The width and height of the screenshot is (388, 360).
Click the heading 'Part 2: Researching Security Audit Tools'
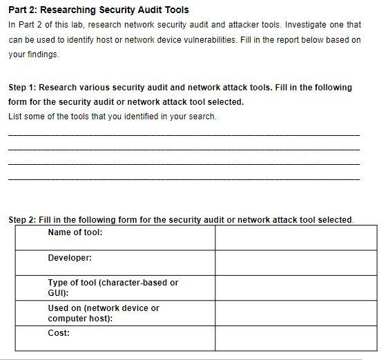click(98, 10)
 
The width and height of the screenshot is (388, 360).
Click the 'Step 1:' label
click(23, 88)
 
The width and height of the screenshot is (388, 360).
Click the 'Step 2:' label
click(23, 220)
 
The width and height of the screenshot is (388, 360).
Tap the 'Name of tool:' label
click(75, 232)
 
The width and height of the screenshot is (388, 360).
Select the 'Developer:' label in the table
click(70, 258)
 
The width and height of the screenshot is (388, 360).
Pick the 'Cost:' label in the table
click(59, 333)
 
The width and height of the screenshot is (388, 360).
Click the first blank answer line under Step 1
click(184, 134)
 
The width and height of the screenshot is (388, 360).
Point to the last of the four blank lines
click(184, 179)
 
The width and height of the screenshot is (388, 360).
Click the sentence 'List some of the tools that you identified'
click(112, 116)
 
